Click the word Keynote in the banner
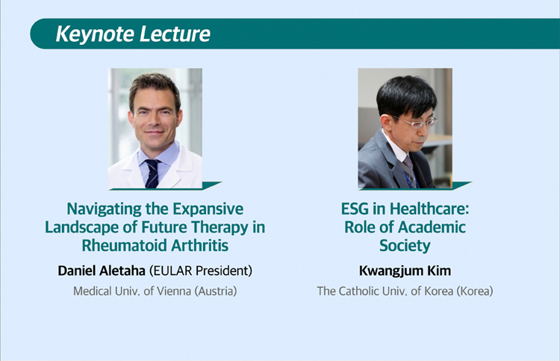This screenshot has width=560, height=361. (95, 34)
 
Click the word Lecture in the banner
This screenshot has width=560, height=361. (175, 34)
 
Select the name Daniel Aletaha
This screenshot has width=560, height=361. (102, 271)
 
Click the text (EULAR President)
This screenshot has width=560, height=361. (201, 271)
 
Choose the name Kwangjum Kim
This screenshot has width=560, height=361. (405, 271)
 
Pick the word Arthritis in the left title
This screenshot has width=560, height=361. (199, 246)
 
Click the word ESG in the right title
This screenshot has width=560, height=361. (355, 209)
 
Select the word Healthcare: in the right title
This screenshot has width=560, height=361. (429, 209)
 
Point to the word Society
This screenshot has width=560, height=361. (405, 246)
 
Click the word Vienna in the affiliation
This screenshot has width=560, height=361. (175, 291)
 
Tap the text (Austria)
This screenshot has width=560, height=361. (216, 291)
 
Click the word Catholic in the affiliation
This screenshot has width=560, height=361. (358, 291)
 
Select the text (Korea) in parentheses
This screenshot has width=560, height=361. (475, 291)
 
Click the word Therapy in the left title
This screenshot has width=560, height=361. (220, 228)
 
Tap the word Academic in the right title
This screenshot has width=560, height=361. (432, 227)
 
